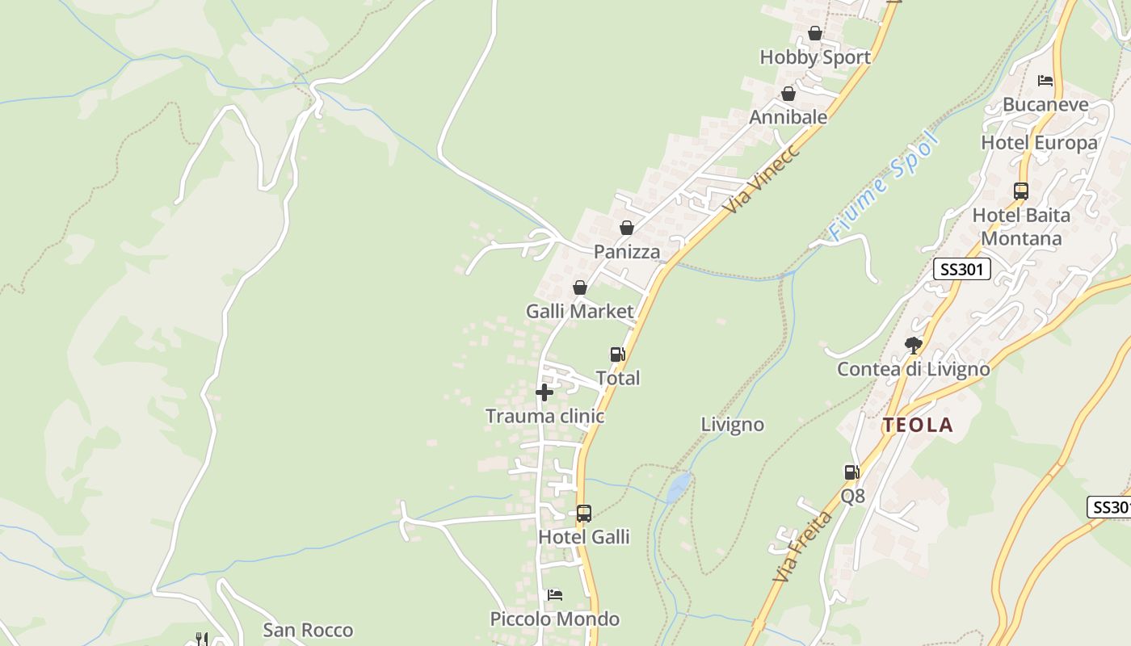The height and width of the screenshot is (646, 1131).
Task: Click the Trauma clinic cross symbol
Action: click(x=544, y=393)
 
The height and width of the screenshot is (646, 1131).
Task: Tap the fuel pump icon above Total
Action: click(x=617, y=354)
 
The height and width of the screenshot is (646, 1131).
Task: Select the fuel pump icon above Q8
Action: click(x=851, y=472)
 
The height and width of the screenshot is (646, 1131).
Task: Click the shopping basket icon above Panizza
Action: click(x=627, y=229)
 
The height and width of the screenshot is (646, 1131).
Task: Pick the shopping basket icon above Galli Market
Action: click(x=579, y=287)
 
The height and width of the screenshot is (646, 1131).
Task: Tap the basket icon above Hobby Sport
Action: click(x=815, y=34)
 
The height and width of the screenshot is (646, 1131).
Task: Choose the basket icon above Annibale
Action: click(x=788, y=94)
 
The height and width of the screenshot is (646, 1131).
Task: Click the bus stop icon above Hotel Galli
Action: click(x=583, y=514)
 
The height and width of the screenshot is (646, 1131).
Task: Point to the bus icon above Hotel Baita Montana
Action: click(x=1021, y=191)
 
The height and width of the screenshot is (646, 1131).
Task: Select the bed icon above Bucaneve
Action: click(x=1045, y=81)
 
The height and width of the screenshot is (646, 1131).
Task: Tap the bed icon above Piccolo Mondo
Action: click(x=554, y=595)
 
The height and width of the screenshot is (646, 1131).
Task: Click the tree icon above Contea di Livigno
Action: click(x=914, y=346)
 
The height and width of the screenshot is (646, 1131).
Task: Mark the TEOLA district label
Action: click(x=918, y=426)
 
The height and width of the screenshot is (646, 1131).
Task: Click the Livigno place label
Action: click(x=732, y=425)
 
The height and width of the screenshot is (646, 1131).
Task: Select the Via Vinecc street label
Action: click(x=761, y=179)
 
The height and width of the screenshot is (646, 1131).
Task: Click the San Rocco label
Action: click(x=308, y=630)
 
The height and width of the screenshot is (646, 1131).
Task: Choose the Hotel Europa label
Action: click(x=1039, y=143)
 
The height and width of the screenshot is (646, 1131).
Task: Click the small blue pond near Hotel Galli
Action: click(x=679, y=487)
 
